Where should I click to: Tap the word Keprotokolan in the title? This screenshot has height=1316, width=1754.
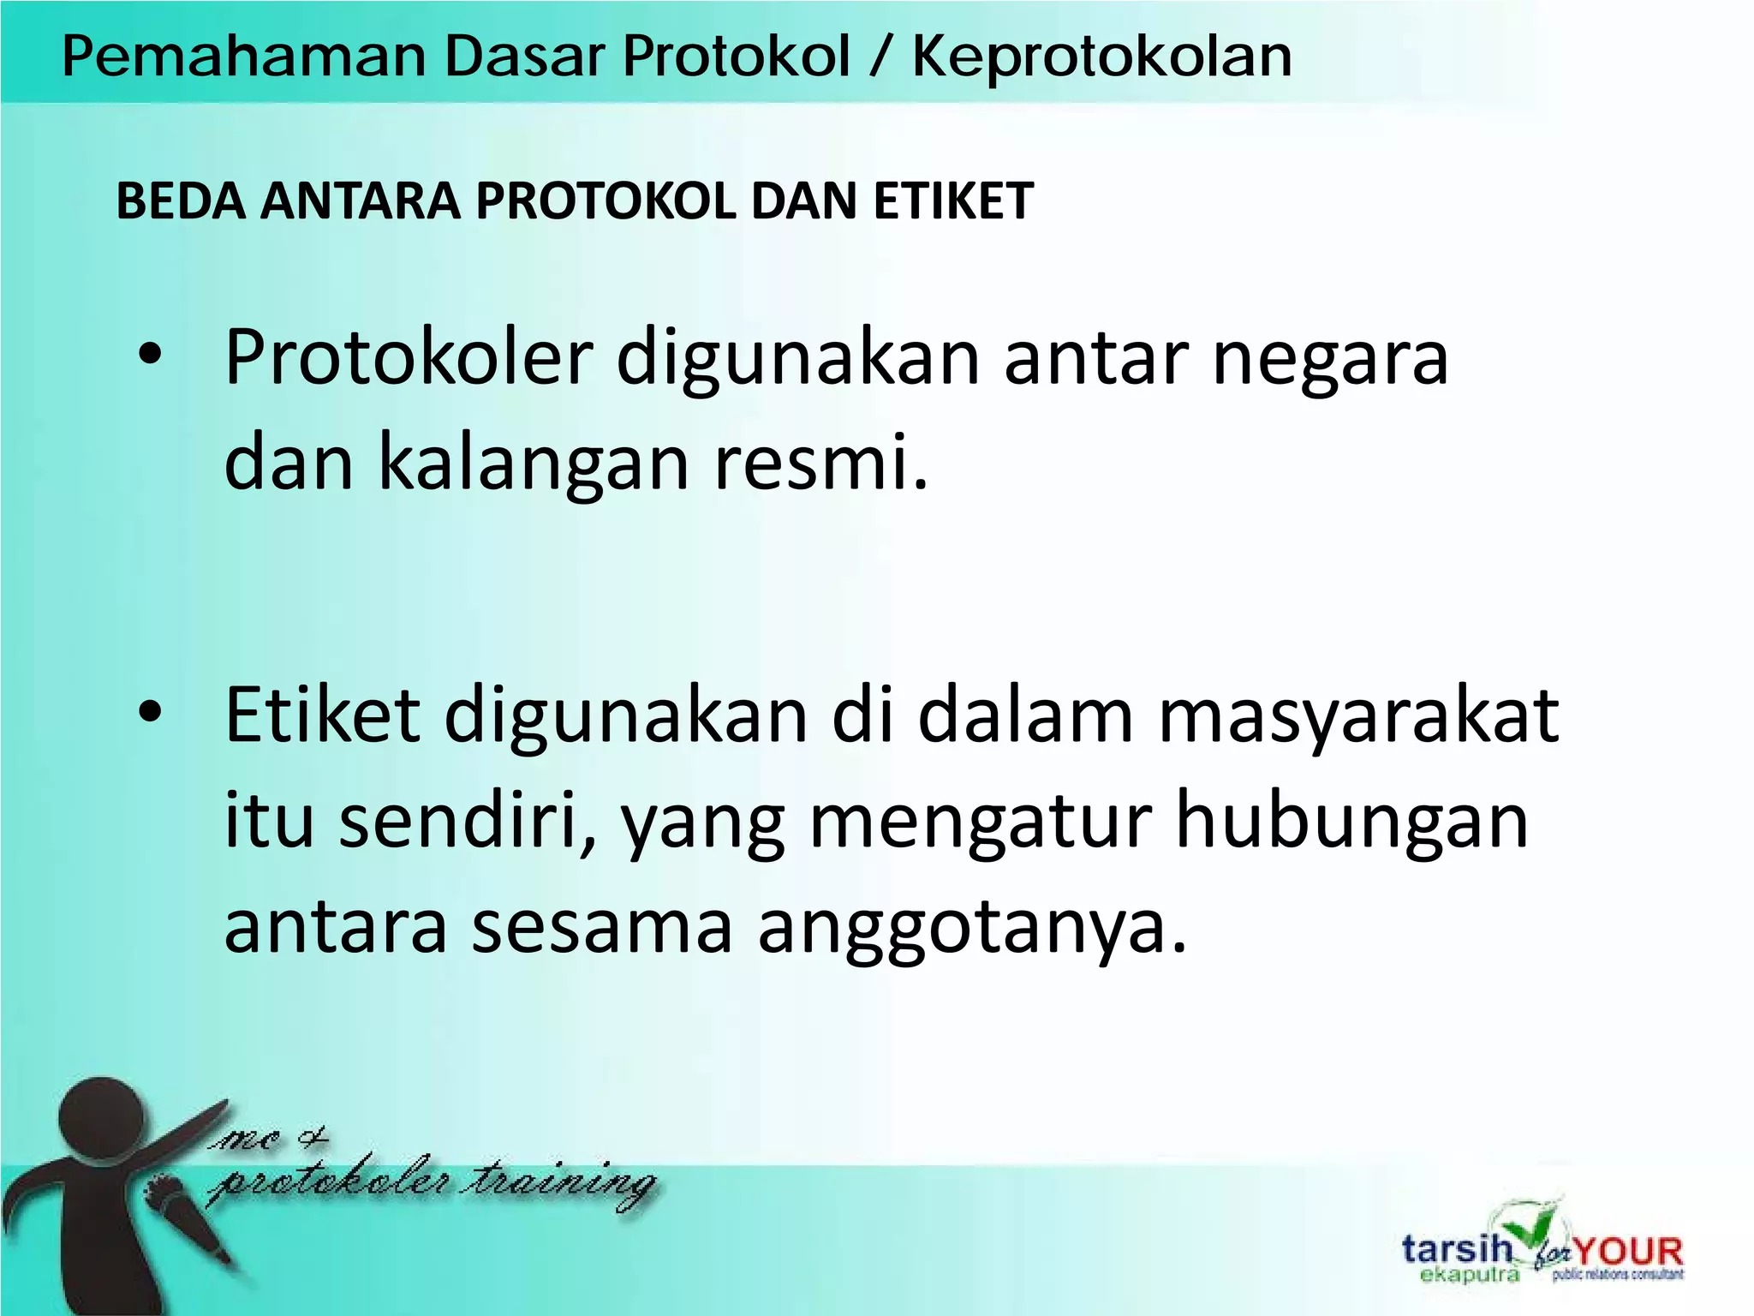click(x=1101, y=57)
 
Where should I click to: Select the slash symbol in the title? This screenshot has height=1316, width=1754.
click(x=880, y=57)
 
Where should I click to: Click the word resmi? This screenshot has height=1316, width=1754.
click(x=820, y=463)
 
